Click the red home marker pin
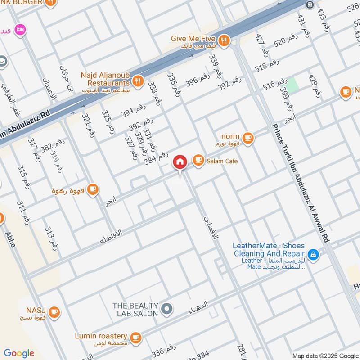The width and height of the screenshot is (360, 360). click(x=180, y=162)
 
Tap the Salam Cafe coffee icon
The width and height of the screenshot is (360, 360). click(x=198, y=160)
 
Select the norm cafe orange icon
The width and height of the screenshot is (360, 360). click(x=247, y=137)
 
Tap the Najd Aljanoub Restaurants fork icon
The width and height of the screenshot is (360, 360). click(x=138, y=81)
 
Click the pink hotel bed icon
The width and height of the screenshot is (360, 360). click(x=20, y=30)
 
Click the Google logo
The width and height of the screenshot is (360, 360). click(x=19, y=353)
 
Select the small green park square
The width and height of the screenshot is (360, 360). click(x=292, y=85)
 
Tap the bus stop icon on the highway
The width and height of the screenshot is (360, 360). click(x=310, y=4)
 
